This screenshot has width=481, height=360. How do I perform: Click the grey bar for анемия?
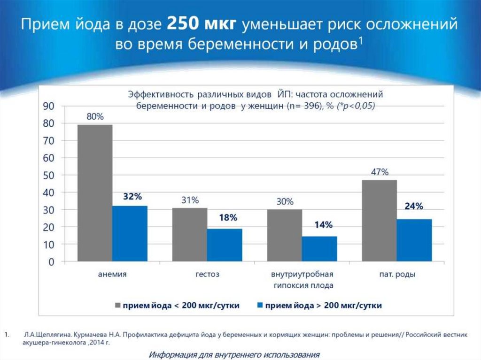coord(95,192)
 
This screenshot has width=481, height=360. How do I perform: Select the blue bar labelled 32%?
coord(130,233)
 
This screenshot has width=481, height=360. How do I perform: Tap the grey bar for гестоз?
coord(189,234)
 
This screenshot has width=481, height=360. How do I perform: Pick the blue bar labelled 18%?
coord(225,245)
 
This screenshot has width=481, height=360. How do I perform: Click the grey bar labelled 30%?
coord(284,235)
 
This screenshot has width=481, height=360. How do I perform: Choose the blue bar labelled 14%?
coord(319,248)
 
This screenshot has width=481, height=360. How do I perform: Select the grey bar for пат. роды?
coord(379,221)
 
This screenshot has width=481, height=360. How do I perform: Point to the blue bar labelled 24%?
coord(414,240)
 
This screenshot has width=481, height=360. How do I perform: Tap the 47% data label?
coord(380,172)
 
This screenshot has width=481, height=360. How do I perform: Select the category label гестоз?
coord(207,275)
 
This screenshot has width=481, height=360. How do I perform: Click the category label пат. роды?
coord(397,275)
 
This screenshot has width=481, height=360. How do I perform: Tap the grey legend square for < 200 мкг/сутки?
coord(118,306)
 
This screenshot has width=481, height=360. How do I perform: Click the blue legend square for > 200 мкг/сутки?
coord(260,306)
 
